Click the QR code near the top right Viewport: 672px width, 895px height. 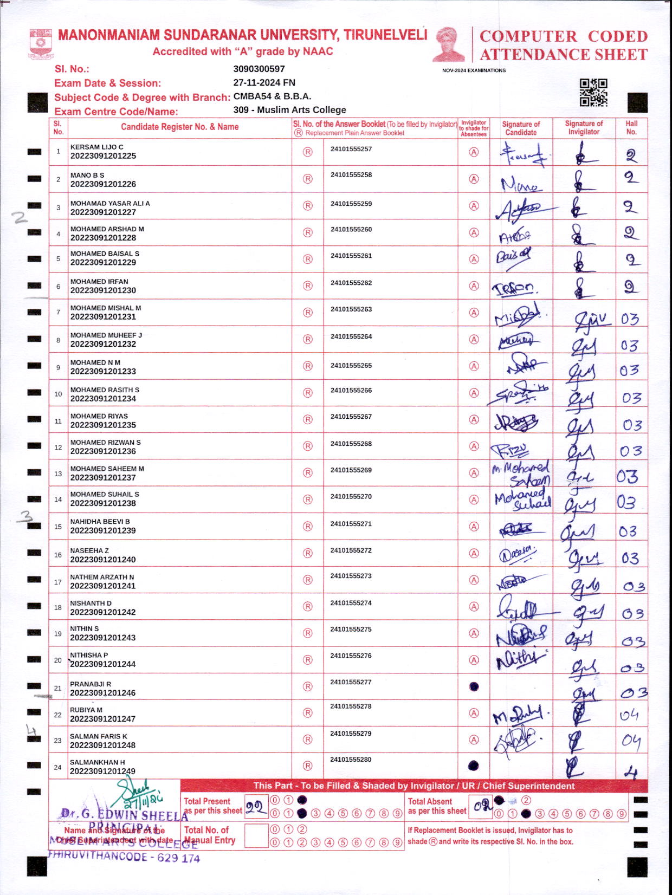click(593, 92)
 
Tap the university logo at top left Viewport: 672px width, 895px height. click(41, 43)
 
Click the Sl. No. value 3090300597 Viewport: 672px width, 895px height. click(259, 69)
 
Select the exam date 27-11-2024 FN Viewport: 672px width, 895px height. click(264, 82)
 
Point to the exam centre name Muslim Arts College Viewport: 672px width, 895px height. click(301, 109)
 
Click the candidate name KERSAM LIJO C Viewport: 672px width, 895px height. click(97, 147)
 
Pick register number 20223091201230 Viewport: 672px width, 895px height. click(103, 290)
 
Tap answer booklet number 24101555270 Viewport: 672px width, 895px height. click(351, 496)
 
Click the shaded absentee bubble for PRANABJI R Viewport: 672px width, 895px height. click(474, 686)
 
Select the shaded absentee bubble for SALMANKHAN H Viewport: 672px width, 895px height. click(474, 766)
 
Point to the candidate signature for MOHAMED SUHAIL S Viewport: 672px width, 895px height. click(522, 500)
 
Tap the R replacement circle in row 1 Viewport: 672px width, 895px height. click(308, 152)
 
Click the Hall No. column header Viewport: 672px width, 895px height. click(631, 127)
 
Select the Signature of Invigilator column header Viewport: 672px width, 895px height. click(584, 127)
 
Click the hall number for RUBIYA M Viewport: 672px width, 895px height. click(630, 715)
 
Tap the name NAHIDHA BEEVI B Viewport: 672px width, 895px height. click(100, 522)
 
